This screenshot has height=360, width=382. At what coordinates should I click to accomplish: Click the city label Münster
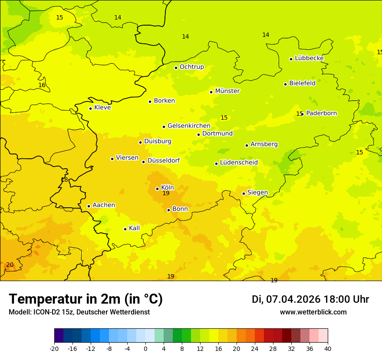coord(227,91)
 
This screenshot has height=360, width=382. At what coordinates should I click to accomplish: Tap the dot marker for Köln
coord(157,189)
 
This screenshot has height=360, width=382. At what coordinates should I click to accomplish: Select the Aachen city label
coord(104,205)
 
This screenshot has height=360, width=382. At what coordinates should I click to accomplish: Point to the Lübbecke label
coord(309,58)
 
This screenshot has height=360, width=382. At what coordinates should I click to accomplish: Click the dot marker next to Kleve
coord(90,108)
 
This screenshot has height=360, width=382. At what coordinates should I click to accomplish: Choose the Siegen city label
coord(257,193)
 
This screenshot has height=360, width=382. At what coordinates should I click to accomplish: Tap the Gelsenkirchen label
coord(189,126)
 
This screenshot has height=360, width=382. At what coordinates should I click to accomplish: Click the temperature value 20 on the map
coord(10,265)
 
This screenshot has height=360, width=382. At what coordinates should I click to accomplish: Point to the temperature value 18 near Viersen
coord(64,180)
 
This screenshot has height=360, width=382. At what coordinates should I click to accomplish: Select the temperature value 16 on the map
coord(42,85)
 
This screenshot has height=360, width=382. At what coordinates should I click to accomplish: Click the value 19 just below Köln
coord(166,193)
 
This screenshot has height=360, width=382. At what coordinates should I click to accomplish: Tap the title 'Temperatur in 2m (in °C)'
coord(86,299)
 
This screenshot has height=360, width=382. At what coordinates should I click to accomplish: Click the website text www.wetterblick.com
coord(313,312)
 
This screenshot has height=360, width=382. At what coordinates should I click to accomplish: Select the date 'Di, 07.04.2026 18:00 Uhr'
coord(310,299)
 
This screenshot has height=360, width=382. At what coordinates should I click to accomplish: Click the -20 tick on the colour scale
coord(54,349)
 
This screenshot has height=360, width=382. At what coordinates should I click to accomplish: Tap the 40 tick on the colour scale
coord(328,349)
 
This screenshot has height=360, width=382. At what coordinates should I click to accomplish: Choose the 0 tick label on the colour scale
coord(145,349)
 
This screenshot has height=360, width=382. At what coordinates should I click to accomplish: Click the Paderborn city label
coord(321,113)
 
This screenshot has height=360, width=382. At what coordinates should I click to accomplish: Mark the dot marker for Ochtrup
coord(176,68)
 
